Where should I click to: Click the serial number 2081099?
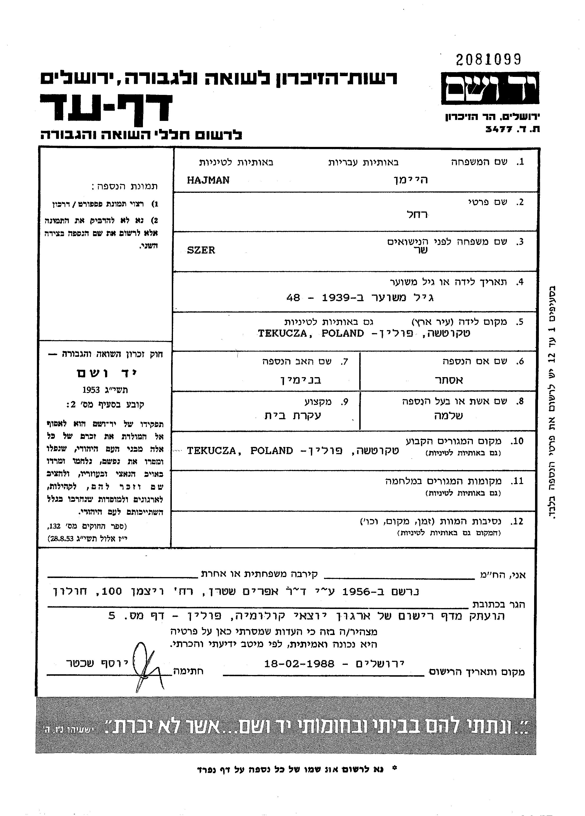[x=488, y=59]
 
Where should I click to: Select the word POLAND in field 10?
[x=272, y=451]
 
